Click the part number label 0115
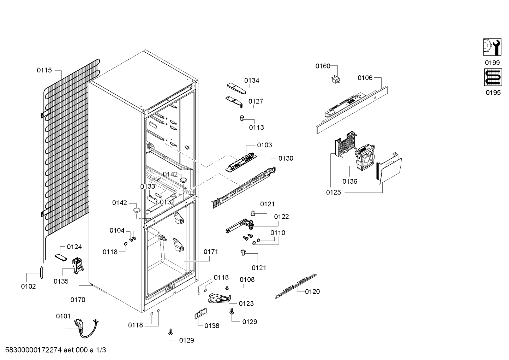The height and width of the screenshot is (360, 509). [44, 70]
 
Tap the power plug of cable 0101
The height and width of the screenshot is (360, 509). [77, 323]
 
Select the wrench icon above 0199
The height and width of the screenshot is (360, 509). [492, 47]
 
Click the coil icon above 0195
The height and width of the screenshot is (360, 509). [493, 77]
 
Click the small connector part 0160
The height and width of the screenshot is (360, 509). [336, 80]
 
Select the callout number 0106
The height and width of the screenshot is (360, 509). [365, 78]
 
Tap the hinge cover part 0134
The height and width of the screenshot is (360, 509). [236, 88]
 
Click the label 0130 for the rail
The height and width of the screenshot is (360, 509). [286, 159]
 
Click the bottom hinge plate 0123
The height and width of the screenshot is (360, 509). [220, 299]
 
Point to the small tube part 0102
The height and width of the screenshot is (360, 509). [42, 272]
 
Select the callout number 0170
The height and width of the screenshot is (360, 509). [78, 300]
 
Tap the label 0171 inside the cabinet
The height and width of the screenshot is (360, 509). [211, 252]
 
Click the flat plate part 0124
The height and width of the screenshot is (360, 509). [61, 257]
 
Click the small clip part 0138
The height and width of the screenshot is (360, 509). [200, 313]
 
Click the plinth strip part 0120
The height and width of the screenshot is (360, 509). [296, 286]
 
